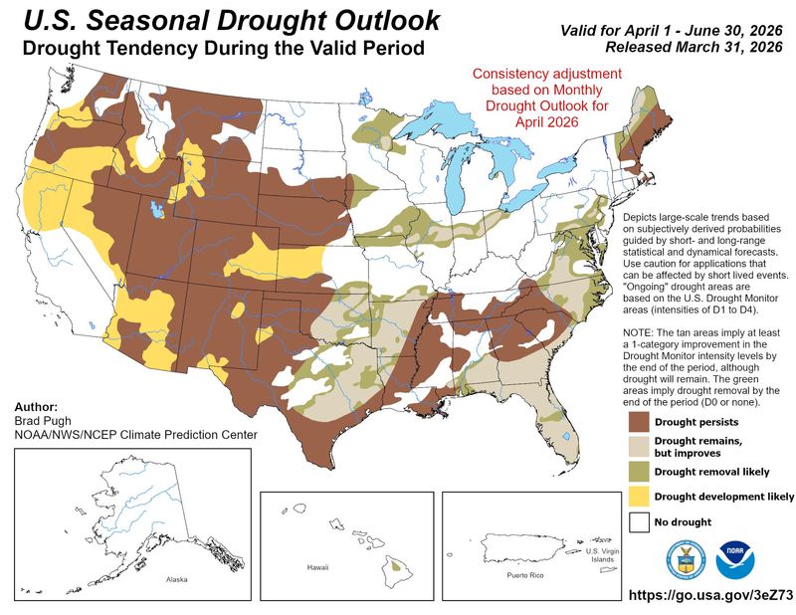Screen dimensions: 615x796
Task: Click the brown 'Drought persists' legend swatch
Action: click(x=640, y=421)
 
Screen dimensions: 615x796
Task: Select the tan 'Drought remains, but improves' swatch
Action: click(x=640, y=446)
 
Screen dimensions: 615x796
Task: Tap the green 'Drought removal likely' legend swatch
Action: click(x=640, y=471)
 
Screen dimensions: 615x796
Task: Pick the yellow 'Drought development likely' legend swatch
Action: click(x=640, y=496)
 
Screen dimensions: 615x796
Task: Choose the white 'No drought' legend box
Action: click(x=640, y=520)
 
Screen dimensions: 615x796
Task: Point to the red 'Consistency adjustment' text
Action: click(x=546, y=75)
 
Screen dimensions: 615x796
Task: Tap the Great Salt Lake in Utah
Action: click(x=155, y=210)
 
